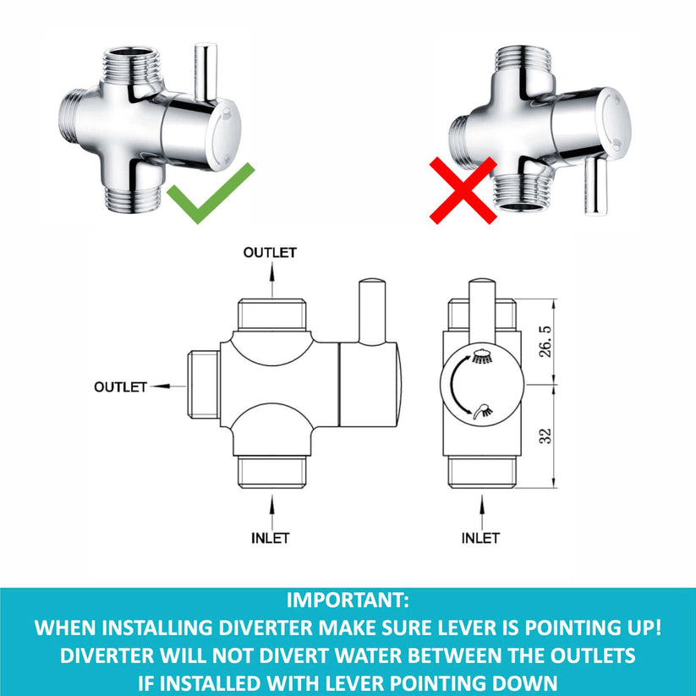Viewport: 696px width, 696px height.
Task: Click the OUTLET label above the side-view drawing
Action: coord(270,252)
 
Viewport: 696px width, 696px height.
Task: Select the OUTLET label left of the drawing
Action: coord(121,386)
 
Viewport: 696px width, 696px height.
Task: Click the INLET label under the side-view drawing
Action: coord(271,538)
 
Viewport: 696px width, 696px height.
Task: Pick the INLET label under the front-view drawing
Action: coord(480,538)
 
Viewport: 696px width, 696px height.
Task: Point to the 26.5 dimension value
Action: coord(545,339)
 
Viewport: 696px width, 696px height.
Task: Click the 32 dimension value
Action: coord(545,436)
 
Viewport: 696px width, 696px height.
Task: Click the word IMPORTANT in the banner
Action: coord(348,602)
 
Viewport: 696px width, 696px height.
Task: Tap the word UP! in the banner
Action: coord(640,629)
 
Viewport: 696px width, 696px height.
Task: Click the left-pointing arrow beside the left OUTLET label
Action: coord(167,386)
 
